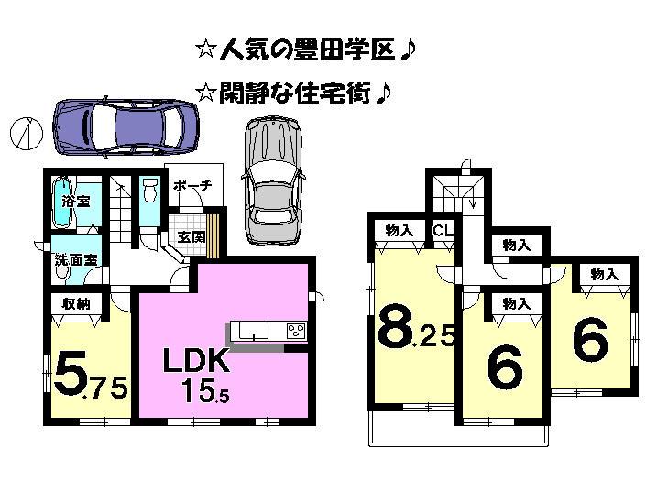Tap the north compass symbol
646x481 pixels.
tap(25, 133)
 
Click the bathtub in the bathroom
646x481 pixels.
tap(60, 202)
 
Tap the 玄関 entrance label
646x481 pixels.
tap(191, 236)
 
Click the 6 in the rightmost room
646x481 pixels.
tap(590, 342)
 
